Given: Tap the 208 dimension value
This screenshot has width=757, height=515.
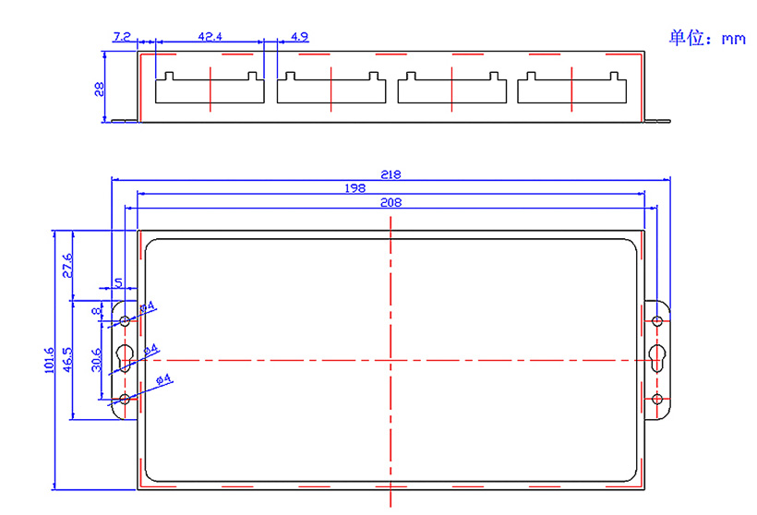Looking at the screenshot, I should click(391, 201).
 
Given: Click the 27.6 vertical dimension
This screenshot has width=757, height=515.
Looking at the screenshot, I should click(66, 265).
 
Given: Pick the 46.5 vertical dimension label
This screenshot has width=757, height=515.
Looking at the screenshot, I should click(67, 359).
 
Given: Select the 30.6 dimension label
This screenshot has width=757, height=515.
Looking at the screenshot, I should click(96, 359).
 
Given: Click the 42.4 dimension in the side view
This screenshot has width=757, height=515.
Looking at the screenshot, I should click(210, 37).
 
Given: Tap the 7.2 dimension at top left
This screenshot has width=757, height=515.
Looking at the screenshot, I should click(121, 37).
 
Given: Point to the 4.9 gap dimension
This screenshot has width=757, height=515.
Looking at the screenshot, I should click(298, 37).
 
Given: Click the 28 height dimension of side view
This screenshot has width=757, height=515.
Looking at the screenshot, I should click(99, 89).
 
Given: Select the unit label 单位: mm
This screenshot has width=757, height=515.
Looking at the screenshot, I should click(706, 38).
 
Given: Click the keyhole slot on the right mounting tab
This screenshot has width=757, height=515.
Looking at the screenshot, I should click(657, 358).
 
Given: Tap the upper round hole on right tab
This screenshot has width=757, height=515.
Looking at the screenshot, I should click(657, 321).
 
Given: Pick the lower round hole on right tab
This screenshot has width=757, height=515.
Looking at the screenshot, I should click(657, 399).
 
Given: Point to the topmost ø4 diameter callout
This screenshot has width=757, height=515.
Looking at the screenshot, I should click(148, 308).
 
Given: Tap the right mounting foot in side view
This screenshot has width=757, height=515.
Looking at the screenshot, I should click(656, 120).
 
